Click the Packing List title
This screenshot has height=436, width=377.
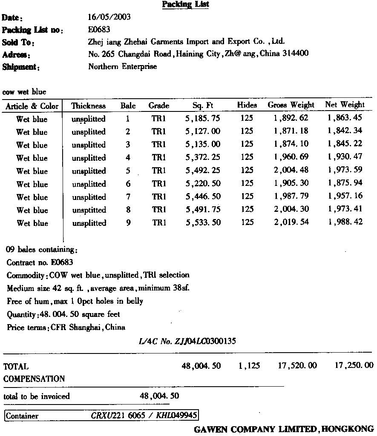[185, 5]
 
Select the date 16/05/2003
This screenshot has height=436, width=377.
[109, 17]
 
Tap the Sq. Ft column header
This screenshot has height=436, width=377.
[203, 105]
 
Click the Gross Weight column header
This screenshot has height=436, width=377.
[291, 105]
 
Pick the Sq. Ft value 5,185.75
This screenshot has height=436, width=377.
[203, 119]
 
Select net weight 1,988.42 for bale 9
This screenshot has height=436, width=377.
[345, 222]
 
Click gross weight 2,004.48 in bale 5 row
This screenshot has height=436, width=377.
[291, 171]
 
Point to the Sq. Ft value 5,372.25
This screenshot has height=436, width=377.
[203, 157]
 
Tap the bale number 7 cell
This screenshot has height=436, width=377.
[128, 197]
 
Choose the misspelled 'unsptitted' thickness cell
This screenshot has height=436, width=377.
[89, 210]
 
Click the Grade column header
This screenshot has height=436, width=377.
[159, 105]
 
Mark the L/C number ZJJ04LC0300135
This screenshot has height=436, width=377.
[187, 341]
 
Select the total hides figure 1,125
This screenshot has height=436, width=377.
[249, 366]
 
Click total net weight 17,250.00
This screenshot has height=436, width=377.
[354, 365]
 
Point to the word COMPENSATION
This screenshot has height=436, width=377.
[34, 379]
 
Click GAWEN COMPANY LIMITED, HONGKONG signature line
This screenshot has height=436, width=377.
[283, 429]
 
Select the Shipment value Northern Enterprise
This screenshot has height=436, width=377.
[122, 66]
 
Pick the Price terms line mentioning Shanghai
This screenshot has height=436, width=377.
[66, 327]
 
